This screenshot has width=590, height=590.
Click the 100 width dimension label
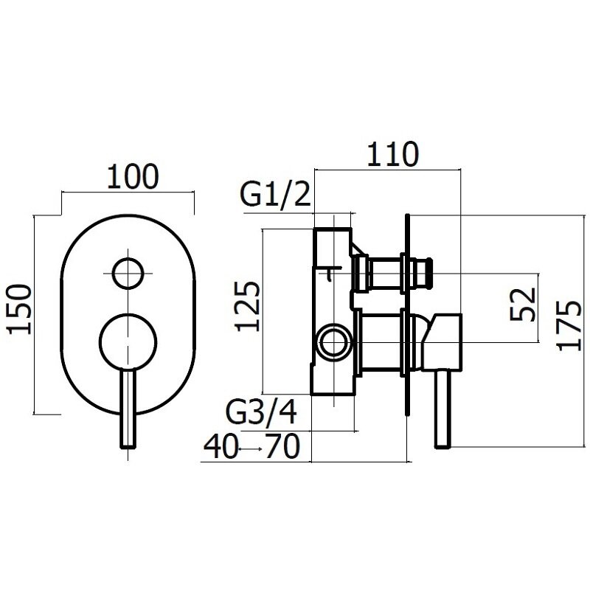[x=133, y=176]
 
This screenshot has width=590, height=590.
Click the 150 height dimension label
[x=19, y=309]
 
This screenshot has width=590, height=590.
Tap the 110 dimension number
[x=392, y=154]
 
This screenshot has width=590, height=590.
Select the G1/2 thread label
[x=275, y=194]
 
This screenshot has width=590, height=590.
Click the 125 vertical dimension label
[x=247, y=306]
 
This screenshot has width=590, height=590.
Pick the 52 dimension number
[x=522, y=304]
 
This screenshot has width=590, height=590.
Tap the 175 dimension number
[x=569, y=325]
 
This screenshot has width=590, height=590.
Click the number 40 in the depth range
[x=221, y=446]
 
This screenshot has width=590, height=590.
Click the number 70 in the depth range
[x=283, y=446]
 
